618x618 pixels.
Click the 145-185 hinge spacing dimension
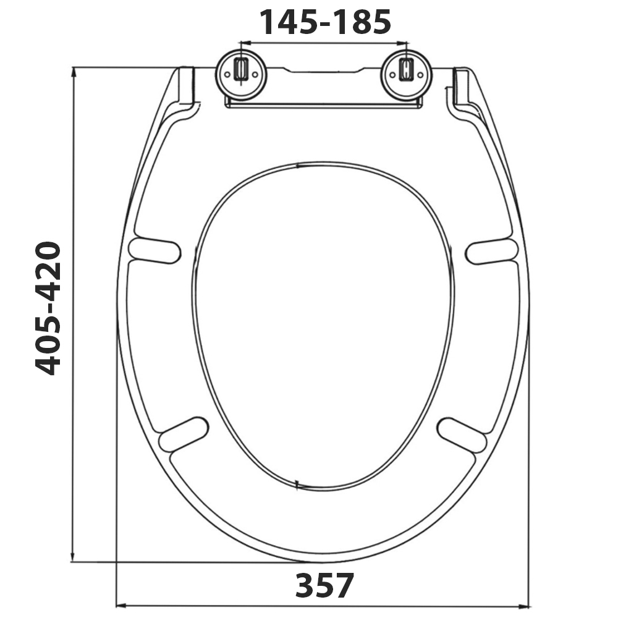[x=324, y=22]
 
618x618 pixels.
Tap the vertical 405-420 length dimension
[x=48, y=308]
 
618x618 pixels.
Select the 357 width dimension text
[x=324, y=585]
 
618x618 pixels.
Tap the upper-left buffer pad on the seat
[x=154, y=250]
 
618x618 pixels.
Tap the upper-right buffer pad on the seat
[x=492, y=250]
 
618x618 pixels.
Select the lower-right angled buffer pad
[x=462, y=433]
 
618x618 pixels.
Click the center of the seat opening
[x=323, y=324]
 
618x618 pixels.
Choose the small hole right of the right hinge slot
[x=420, y=74]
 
